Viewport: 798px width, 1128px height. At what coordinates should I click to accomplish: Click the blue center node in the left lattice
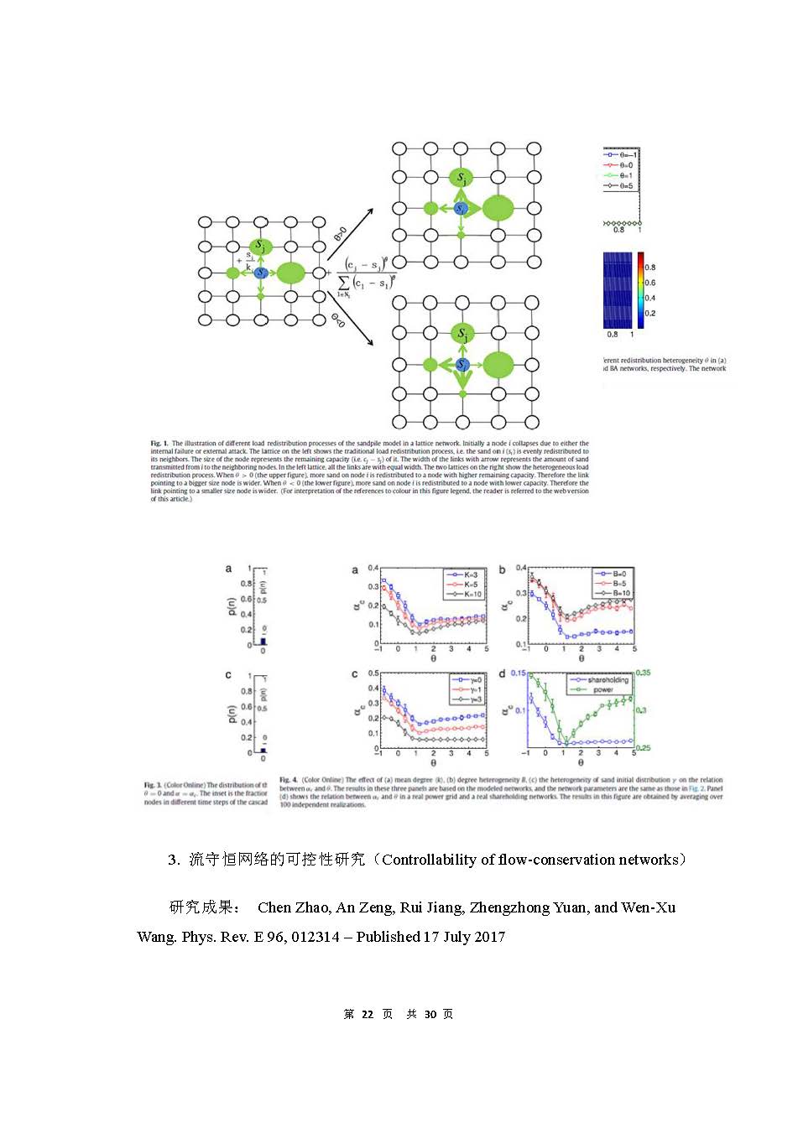pyautogui.click(x=260, y=273)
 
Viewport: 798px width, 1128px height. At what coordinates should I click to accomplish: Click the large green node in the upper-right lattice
pyautogui.click(x=498, y=208)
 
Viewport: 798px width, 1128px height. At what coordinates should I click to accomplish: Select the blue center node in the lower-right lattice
pyautogui.click(x=462, y=365)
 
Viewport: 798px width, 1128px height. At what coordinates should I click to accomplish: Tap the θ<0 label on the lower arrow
pyautogui.click(x=338, y=320)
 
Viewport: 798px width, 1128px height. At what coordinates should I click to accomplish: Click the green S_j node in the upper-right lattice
pyautogui.click(x=462, y=178)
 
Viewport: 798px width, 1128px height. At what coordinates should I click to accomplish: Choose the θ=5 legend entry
pyautogui.click(x=621, y=186)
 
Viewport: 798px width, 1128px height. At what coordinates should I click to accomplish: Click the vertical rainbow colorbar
pyautogui.click(x=640, y=289)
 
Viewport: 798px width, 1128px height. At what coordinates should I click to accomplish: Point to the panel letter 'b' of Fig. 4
pyautogui.click(x=503, y=570)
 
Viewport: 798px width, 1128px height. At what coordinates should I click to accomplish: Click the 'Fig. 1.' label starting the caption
pyautogui.click(x=159, y=444)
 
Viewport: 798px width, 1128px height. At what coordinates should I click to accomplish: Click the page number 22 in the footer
pyautogui.click(x=368, y=1014)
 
